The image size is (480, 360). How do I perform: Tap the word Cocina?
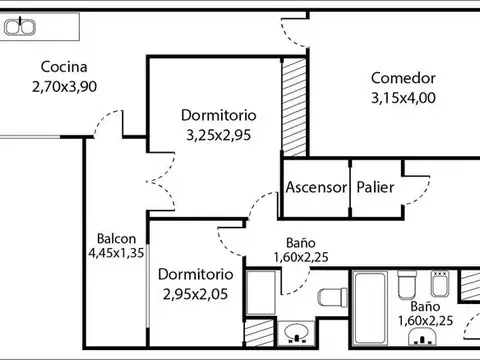pos(62,67)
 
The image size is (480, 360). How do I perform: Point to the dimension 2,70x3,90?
pos(64,86)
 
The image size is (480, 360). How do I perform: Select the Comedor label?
pos(403,78)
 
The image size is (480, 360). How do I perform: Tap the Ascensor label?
pos(316,187)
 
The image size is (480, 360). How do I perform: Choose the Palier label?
pos(375,187)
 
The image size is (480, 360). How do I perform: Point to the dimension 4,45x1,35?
pos(116,253)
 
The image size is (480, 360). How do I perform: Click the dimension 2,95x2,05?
pos(196,293)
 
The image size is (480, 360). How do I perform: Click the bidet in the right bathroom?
pos(438,279)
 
